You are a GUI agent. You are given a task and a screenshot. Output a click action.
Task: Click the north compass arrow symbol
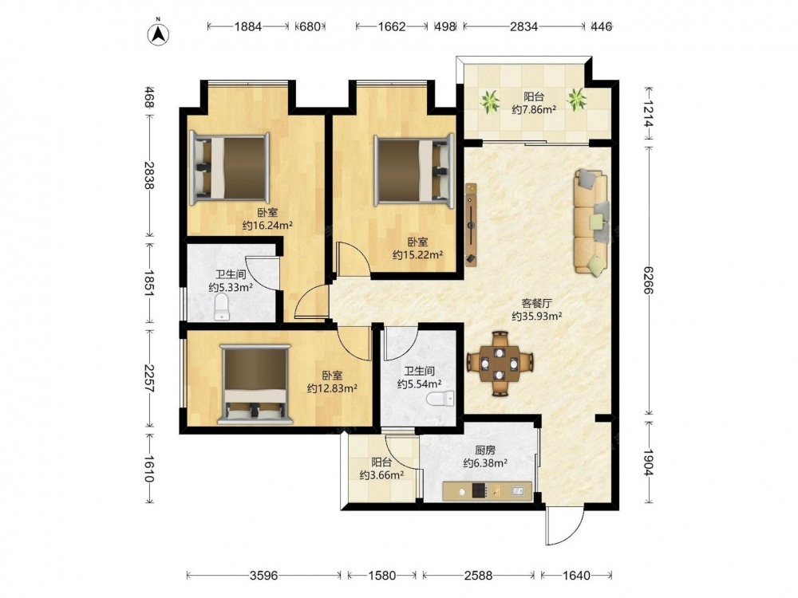[158, 33]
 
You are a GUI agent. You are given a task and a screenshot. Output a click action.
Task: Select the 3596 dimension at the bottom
[264, 575]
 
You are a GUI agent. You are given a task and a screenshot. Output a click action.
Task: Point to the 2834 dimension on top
[523, 26]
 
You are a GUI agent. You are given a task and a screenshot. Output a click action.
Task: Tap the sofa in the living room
[591, 222]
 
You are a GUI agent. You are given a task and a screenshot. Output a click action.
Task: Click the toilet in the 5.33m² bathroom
[222, 308]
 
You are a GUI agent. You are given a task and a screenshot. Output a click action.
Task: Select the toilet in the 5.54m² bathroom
[440, 398]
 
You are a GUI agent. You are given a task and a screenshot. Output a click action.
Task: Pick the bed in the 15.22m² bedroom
[413, 171]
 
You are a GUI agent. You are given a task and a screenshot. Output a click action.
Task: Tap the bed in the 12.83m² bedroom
[255, 384]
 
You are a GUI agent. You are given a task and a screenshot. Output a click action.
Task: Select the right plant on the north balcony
[577, 99]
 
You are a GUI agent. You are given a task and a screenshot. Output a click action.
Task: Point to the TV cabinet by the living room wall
[472, 225]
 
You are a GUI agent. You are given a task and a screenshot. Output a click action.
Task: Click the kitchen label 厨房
[485, 450]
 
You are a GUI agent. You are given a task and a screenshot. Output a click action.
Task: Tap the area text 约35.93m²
[536, 317]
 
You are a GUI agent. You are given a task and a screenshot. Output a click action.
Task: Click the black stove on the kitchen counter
[480, 490]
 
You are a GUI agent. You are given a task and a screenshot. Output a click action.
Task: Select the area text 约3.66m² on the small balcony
[381, 475]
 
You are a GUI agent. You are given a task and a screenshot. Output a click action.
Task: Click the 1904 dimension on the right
[648, 462]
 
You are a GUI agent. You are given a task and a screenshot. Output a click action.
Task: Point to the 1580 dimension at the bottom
[381, 575]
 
